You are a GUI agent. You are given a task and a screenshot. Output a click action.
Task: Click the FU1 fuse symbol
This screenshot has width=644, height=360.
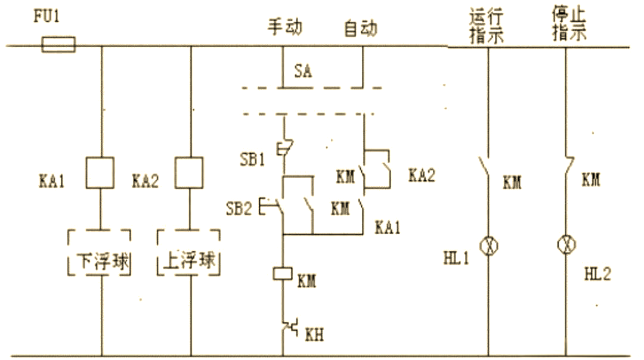click(x=58, y=45)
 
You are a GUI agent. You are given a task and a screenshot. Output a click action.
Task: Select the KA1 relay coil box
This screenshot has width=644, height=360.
click(x=101, y=172)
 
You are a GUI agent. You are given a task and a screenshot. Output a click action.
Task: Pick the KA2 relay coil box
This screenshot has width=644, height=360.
click(x=191, y=172)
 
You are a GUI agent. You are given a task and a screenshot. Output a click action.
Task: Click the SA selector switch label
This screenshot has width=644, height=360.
click(x=303, y=72)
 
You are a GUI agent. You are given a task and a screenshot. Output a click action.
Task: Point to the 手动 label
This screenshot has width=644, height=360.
click(x=284, y=27)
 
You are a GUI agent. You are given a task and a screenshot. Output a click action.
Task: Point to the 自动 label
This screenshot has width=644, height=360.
click(x=361, y=27)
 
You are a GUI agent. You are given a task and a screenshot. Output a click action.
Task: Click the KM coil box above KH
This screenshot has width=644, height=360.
click(x=281, y=273)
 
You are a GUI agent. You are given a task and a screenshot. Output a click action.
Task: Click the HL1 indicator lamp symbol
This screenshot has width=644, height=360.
click(x=489, y=244)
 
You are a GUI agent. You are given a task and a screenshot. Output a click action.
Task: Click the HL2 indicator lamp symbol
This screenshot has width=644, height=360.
click(x=565, y=244)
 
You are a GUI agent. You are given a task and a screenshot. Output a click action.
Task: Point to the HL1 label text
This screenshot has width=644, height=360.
click(x=456, y=258)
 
